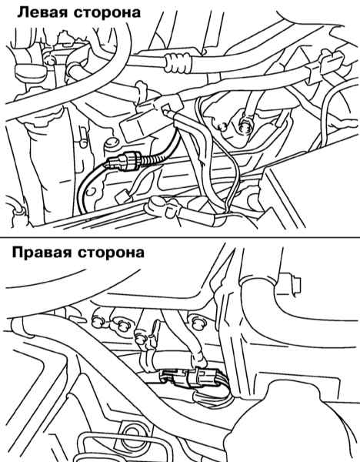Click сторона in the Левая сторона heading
(x=108, y=14)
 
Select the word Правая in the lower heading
(x=42, y=253)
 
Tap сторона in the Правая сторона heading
(x=112, y=253)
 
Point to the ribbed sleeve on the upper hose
(x=178, y=63)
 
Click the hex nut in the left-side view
(x=247, y=125)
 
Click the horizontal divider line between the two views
(x=180, y=237)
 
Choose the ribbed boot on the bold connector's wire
(x=149, y=161)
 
